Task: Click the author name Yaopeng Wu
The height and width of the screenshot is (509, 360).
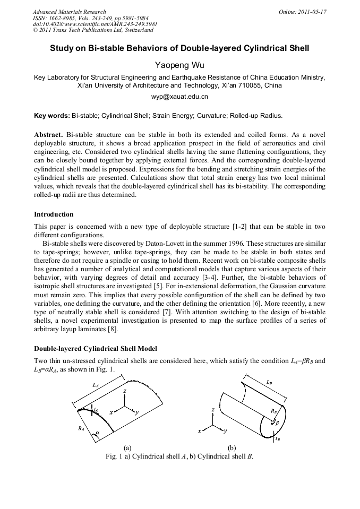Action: coord(179,65)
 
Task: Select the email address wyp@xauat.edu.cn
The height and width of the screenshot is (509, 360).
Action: coord(179,97)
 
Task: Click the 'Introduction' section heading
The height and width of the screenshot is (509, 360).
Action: coord(54,214)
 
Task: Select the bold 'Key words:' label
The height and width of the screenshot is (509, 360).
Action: coord(52,115)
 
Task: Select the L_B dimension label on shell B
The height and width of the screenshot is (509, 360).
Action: coord(270,382)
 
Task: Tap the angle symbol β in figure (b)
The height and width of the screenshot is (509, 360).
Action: coord(277,423)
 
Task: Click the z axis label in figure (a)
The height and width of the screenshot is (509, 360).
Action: coord(124,391)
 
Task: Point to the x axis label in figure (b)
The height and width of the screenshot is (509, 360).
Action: coord(200,432)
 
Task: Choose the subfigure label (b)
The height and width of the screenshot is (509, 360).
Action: coord(232,448)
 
